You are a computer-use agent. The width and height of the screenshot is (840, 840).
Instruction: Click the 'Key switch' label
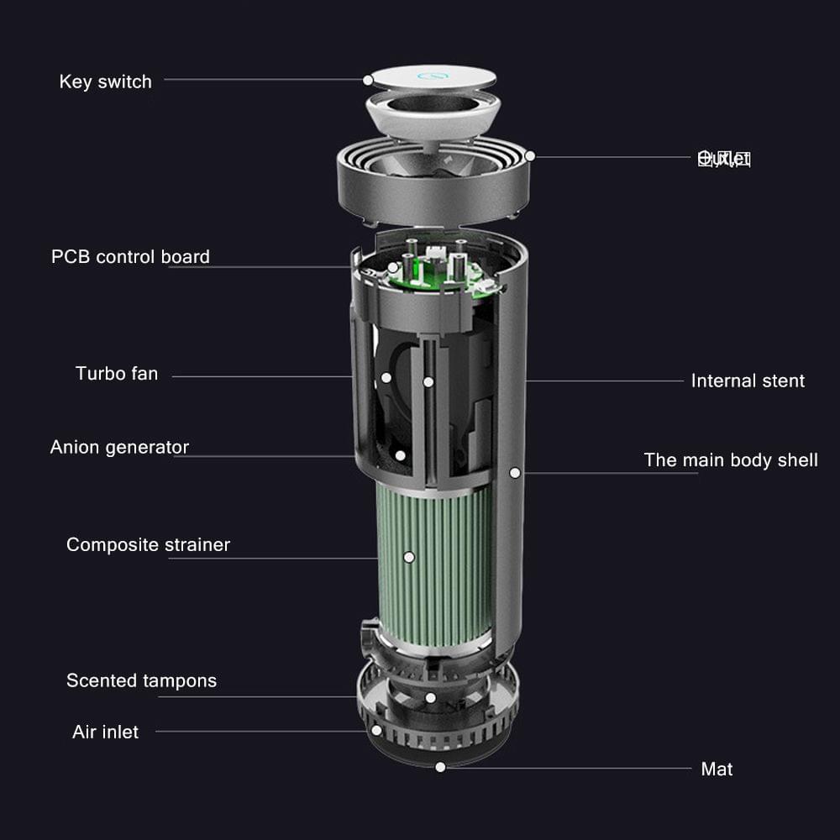click(106, 81)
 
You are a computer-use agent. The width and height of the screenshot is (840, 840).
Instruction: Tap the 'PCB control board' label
click(130, 256)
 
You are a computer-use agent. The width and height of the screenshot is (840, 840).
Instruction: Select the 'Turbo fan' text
click(117, 373)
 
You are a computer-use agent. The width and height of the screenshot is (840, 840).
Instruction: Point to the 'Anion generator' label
click(119, 447)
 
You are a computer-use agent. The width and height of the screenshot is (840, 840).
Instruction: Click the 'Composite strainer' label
click(148, 544)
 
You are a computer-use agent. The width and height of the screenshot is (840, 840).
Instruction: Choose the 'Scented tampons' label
click(141, 680)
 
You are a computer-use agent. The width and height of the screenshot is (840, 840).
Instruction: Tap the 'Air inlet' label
click(105, 732)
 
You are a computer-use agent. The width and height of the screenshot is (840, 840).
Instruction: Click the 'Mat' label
click(717, 769)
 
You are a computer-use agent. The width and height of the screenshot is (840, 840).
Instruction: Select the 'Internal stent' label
click(748, 381)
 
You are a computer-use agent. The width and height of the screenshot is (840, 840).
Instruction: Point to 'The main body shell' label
click(731, 459)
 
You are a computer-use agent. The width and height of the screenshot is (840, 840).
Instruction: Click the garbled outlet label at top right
click(724, 158)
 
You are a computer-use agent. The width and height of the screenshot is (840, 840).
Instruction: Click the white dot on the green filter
click(409, 557)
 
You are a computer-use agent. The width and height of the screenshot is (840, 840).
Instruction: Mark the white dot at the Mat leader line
click(440, 767)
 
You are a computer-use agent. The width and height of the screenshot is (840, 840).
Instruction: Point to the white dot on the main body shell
click(515, 473)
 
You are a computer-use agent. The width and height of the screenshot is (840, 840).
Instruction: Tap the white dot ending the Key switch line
click(368, 80)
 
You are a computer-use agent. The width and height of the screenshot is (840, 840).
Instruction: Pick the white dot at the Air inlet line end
click(376, 731)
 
